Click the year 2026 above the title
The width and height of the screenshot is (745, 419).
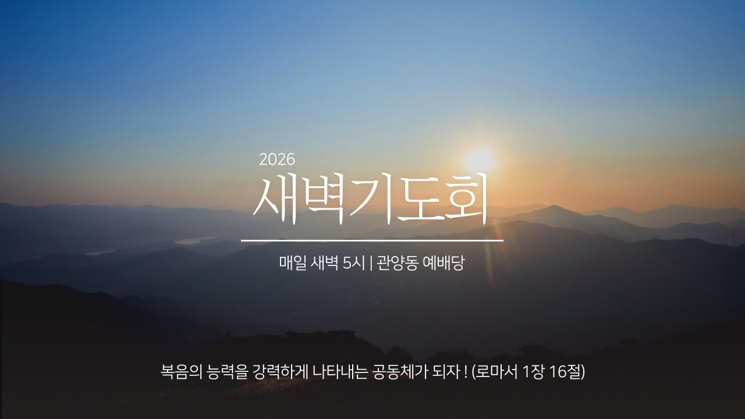coord(278,158)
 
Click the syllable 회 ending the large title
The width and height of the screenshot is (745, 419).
coord(463,198)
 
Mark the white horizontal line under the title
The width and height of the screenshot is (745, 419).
coord(372,240)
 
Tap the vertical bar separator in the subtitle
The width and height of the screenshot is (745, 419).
coord(371,264)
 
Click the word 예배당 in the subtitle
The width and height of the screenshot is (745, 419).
coord(444,264)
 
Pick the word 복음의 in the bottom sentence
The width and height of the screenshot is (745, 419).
coord(180,371)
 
